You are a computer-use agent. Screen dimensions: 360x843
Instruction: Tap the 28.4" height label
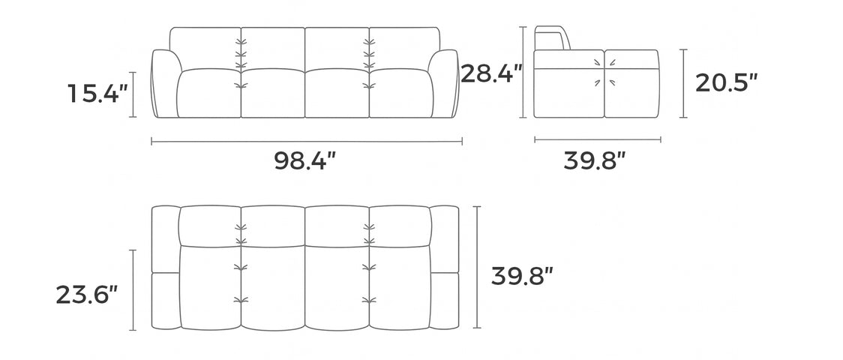pos(491,73)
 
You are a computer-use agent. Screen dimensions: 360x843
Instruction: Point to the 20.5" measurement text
pos(726,82)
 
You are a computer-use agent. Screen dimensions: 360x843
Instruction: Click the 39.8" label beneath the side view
pos(595,160)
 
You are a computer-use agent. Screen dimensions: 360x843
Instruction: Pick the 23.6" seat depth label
pos(87,294)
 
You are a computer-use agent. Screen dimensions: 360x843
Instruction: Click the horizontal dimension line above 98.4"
pos(307,140)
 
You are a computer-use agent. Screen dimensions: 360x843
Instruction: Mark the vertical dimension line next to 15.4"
pos(133,94)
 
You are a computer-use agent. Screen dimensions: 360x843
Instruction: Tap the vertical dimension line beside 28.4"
pos(523,72)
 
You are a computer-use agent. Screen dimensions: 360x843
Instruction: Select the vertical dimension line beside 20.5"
pos(683,83)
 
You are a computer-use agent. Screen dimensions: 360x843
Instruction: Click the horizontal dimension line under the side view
pos(597,139)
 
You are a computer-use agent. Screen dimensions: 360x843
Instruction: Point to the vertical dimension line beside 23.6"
pos(133,290)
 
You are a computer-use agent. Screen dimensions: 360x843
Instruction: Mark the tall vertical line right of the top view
pos(478,267)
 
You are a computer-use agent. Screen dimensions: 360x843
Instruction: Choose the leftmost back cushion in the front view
pos(204,46)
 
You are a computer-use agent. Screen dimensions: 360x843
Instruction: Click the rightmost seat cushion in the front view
pos(400,94)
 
